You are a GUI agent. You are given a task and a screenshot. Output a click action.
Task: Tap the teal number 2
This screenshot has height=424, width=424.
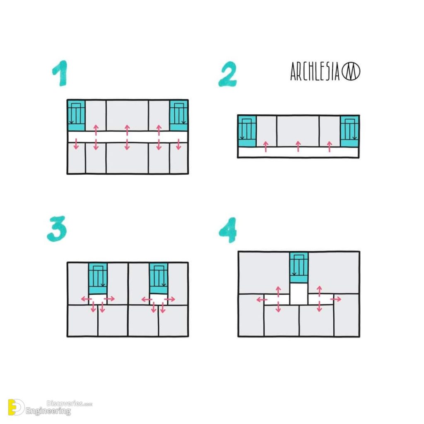pos(227,75)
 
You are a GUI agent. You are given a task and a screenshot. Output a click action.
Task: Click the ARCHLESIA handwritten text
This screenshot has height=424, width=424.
pos(315,72)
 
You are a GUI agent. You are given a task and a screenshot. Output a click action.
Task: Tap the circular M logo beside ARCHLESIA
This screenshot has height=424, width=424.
pos(351,72)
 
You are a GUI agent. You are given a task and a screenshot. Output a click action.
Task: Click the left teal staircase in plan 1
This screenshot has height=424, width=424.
pos(76,115)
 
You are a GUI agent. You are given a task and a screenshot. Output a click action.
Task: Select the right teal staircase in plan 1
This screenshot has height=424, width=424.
pos(179,115)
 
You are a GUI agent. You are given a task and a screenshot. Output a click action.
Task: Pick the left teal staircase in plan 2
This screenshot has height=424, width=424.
pos(247,131)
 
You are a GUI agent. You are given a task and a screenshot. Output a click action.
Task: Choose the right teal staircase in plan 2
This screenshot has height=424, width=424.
pos(349,131)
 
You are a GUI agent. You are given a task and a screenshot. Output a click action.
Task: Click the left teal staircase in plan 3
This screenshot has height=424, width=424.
pos(98,278)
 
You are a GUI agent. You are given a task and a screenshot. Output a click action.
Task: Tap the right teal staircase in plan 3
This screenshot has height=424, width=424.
pos(159,278)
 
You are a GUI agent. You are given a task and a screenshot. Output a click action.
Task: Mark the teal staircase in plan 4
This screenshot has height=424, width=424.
pos(299,267)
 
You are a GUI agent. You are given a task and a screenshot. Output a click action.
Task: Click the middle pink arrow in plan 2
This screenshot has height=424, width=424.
pos(298,146)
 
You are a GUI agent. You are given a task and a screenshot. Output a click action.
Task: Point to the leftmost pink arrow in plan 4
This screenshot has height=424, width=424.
pos(261,299)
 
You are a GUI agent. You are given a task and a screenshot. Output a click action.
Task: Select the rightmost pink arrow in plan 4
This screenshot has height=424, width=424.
pos(336,299)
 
